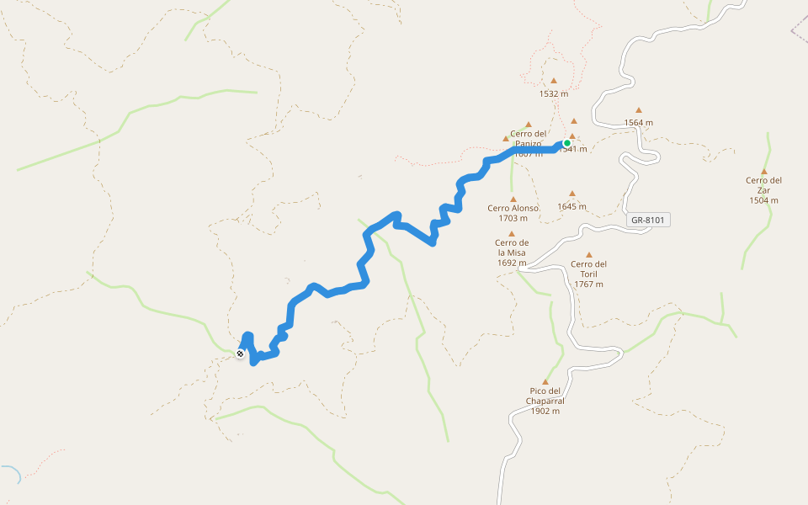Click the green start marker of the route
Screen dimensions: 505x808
pos(567,143)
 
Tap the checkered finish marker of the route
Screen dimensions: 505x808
pos(241,354)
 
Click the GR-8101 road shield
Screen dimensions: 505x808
pos(648,221)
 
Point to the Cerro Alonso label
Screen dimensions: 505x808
pos(513,208)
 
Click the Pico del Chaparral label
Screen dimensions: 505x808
pos(545,396)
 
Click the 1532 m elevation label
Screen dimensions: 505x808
pos(554,93)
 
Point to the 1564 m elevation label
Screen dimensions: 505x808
pos(639,122)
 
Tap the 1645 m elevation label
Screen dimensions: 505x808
pos(571,206)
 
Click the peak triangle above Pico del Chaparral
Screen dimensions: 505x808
pos(545,381)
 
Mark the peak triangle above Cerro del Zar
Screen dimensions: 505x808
pos(764,171)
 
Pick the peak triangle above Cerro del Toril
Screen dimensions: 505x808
pos(589,254)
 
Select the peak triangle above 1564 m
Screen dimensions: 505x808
pos(639,109)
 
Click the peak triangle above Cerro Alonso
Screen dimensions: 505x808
pos(513,199)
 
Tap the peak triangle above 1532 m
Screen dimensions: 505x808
pos(554,81)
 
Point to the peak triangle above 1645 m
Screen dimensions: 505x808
pos(572,193)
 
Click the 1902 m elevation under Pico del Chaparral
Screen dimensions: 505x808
pos(545,411)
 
